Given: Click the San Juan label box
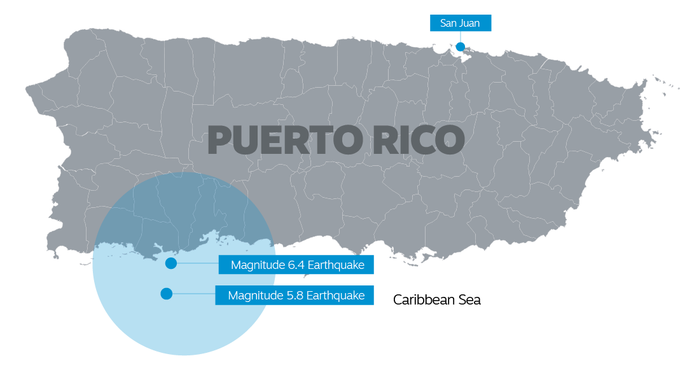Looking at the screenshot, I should pyautogui.click(x=460, y=24).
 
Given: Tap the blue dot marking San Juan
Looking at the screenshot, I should pyautogui.click(x=460, y=46).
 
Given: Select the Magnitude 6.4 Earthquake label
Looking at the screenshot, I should pyautogui.click(x=298, y=265).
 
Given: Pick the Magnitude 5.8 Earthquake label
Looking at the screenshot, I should pyautogui.click(x=296, y=296).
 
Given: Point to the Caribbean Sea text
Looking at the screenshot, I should pyautogui.click(x=436, y=300).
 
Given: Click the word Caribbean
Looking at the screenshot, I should pyautogui.click(x=424, y=300).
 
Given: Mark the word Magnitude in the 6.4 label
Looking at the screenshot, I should pyautogui.click(x=254, y=265).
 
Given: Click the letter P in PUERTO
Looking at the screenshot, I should pyautogui.click(x=221, y=140).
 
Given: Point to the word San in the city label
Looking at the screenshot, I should pyautogui.click(x=448, y=24).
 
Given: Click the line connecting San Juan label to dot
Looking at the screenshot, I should pyautogui.click(x=460, y=36).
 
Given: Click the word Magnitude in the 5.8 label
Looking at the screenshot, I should pyautogui.click(x=251, y=296).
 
